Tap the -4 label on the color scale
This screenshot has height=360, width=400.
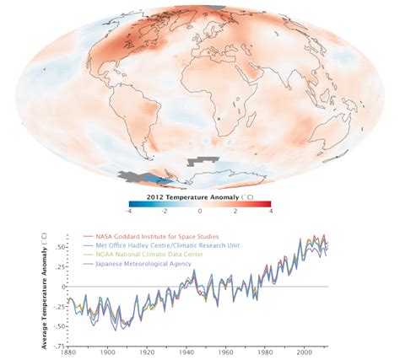click(129, 211)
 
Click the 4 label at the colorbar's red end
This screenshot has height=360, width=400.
click(270, 211)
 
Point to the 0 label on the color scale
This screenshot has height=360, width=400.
click(200, 211)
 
